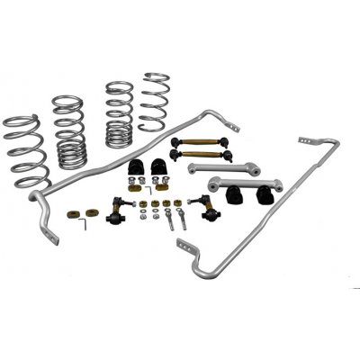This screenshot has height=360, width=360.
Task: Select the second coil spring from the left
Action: (x=68, y=131)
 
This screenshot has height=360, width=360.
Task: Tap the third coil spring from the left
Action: (x=118, y=114)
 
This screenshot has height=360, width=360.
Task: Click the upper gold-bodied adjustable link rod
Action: (x=206, y=142)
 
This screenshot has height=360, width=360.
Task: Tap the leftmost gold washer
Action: (x=73, y=215)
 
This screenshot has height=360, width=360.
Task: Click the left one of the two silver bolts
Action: (x=167, y=219)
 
